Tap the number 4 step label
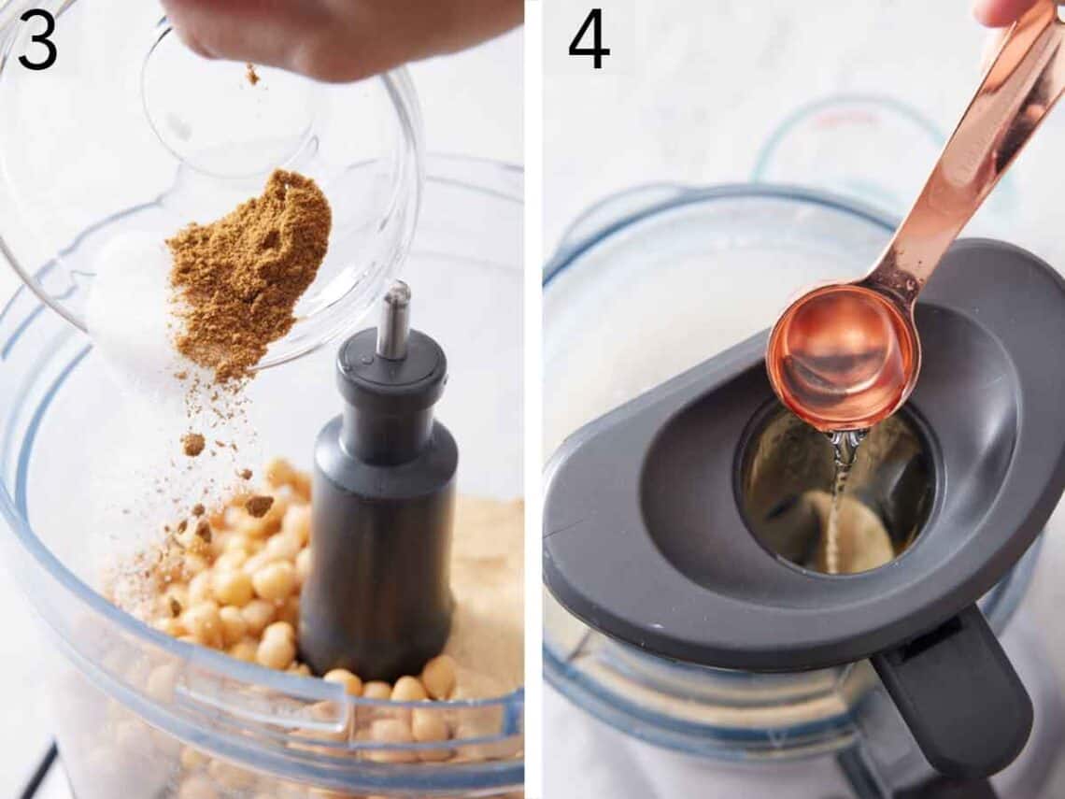point(589,40)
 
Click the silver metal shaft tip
point(394,318)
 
